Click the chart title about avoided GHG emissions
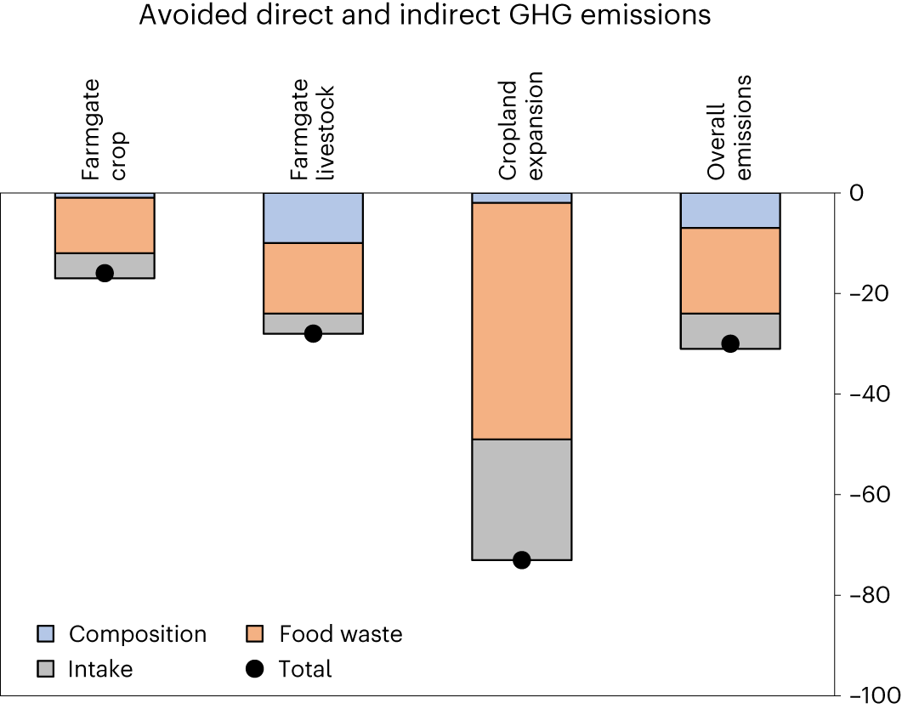point(425,14)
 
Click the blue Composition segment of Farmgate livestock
point(313,218)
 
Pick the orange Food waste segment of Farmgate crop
point(105,225)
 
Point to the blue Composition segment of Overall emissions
point(729,210)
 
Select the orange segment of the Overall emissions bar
point(729,270)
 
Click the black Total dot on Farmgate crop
point(105,273)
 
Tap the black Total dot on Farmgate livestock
point(313,333)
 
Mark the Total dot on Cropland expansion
point(521,559)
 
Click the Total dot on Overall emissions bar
point(729,343)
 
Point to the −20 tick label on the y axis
point(868,293)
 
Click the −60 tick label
point(868,494)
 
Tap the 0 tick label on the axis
point(857,193)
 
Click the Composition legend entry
point(137,634)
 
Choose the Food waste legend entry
point(340,634)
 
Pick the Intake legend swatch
point(47,669)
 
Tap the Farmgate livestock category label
point(312,132)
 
